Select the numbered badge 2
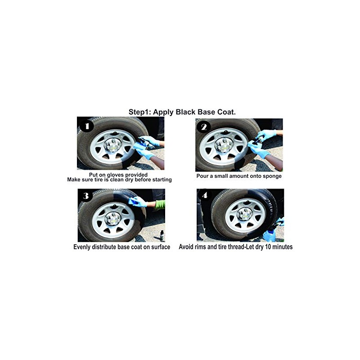[204, 127]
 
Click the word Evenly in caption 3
[84, 247]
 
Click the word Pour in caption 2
[202, 176]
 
